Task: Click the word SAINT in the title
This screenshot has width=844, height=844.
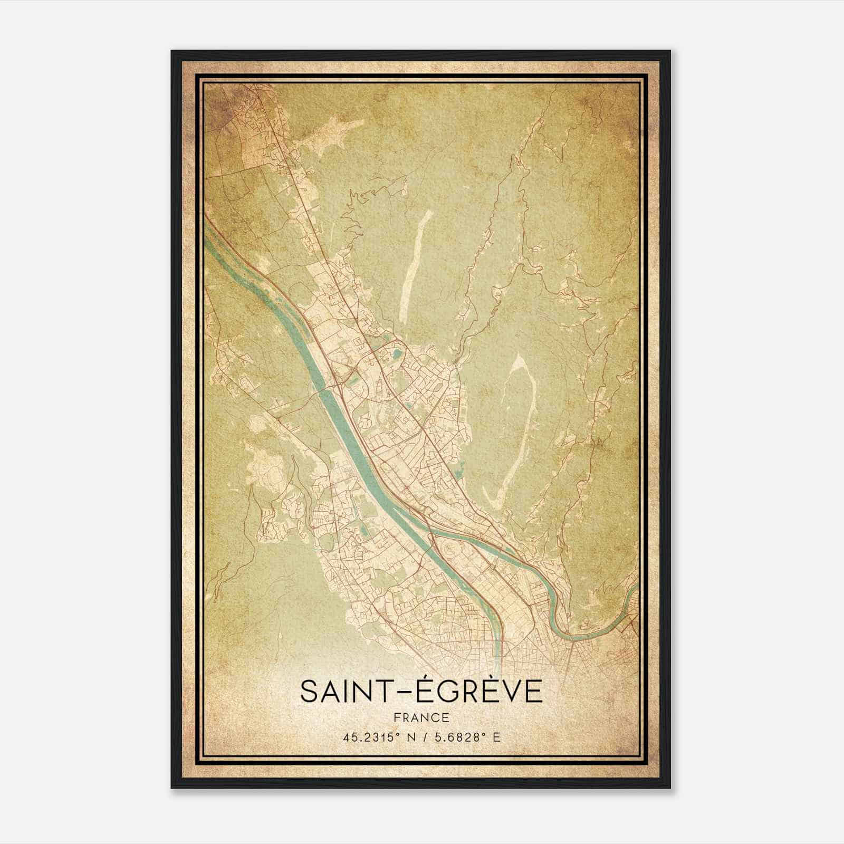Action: (342, 692)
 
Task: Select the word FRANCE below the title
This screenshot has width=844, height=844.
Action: (421, 717)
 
